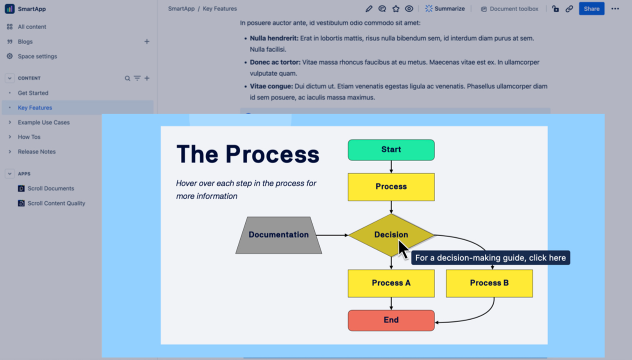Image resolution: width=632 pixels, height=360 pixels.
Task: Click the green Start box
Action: pyautogui.click(x=391, y=149)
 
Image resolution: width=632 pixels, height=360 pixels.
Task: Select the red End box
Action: pyautogui.click(x=391, y=320)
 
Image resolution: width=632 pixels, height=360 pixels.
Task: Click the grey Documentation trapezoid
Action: pyautogui.click(x=279, y=234)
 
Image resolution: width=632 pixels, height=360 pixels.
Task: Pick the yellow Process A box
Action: pyautogui.click(x=391, y=283)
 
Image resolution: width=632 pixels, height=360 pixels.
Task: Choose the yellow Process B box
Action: pyautogui.click(x=489, y=283)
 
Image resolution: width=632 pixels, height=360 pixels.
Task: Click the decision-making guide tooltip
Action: pyautogui.click(x=490, y=258)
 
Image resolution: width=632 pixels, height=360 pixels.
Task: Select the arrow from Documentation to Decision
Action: pyautogui.click(x=332, y=235)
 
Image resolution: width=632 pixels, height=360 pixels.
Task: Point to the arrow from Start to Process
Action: pyautogui.click(x=391, y=167)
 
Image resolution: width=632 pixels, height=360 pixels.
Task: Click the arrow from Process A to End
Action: pyautogui.click(x=391, y=304)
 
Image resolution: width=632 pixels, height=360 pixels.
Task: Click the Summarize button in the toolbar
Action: pyautogui.click(x=445, y=9)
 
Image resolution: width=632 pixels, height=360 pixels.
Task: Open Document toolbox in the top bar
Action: pyautogui.click(x=510, y=9)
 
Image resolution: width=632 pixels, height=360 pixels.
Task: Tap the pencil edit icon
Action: pyautogui.click(x=369, y=9)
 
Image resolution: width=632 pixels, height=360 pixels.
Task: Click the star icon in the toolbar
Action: pyautogui.click(x=396, y=9)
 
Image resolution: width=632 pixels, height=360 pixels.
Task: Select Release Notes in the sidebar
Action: pyautogui.click(x=36, y=151)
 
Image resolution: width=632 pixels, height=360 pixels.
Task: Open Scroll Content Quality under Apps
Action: pyautogui.click(x=56, y=203)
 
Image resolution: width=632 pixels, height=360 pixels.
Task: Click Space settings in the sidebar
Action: pyautogui.click(x=37, y=56)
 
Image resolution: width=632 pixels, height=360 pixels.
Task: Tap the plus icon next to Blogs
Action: pyautogui.click(x=147, y=41)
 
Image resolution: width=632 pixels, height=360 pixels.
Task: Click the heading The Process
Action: pyautogui.click(x=248, y=154)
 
